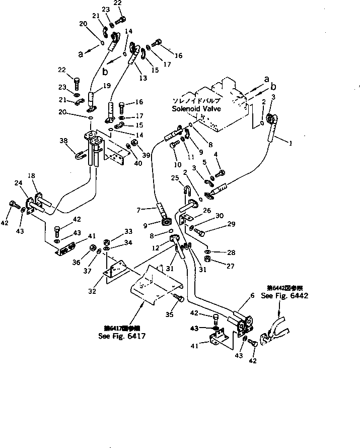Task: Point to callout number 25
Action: click(x=175, y=178)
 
